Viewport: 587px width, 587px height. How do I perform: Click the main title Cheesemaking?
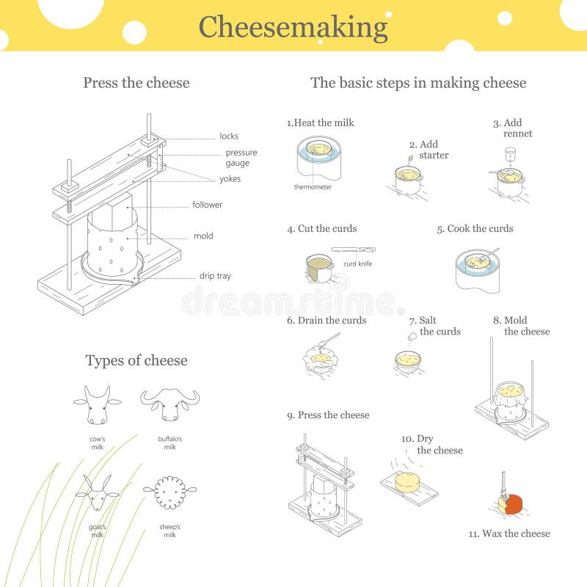[293, 27]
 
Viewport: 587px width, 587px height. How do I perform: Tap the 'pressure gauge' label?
[241, 158]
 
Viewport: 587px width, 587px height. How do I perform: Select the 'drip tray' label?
[215, 276]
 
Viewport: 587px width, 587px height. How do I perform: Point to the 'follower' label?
[207, 205]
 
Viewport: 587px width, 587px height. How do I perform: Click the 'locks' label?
[228, 136]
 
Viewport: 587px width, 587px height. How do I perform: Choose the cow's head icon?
[97, 405]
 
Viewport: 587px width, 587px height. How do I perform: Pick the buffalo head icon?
[169, 404]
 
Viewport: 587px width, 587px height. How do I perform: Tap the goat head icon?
[98, 493]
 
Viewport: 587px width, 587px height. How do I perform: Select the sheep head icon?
[169, 493]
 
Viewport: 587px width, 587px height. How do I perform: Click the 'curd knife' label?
[358, 263]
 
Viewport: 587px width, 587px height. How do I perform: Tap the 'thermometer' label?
[313, 187]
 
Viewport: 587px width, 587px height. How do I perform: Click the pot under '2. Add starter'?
[407, 179]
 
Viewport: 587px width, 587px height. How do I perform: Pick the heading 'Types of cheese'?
[136, 360]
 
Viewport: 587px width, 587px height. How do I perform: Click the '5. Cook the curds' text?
[475, 228]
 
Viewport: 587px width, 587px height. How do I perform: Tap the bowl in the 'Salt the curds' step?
[407, 360]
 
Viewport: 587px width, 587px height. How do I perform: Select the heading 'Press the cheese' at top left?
[136, 83]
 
